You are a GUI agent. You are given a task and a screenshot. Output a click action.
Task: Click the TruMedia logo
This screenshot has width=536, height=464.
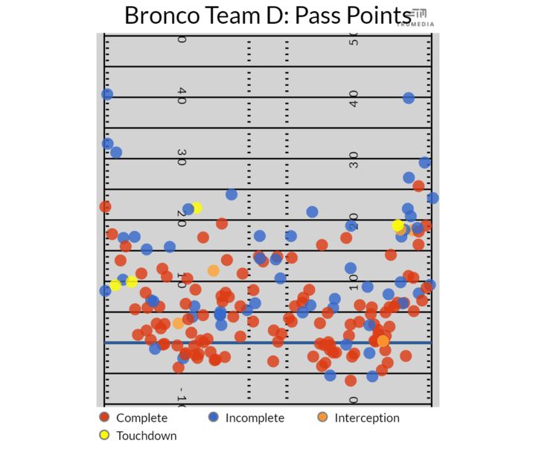[421, 17]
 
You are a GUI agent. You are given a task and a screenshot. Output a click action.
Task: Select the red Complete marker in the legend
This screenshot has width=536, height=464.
[105, 418]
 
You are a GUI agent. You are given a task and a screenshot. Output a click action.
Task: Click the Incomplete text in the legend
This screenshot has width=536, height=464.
[255, 418]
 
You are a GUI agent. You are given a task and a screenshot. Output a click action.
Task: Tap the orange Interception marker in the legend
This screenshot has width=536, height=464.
[322, 418]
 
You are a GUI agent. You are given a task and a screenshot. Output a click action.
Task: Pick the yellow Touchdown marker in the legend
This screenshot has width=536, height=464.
[105, 436]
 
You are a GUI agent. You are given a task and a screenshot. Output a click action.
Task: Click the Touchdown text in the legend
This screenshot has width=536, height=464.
[147, 436]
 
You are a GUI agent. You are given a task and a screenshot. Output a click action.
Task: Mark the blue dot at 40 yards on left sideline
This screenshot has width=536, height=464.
[107, 95]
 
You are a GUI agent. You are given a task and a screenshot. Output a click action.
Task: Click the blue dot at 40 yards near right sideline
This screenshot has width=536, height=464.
[409, 98]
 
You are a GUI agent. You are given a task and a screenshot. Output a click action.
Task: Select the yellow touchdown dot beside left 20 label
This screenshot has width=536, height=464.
[196, 209]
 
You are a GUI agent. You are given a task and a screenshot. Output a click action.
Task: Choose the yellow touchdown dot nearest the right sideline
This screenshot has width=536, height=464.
[398, 225]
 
